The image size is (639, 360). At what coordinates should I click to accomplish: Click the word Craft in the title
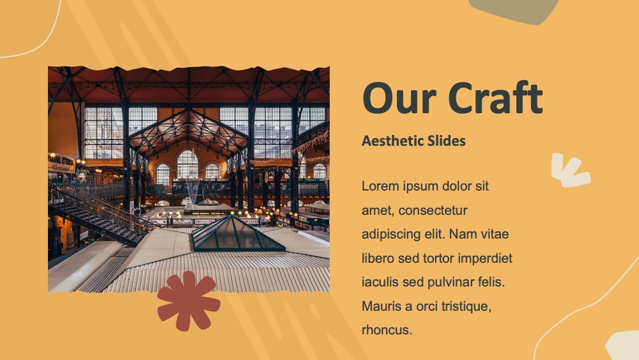pyautogui.click(x=496, y=98)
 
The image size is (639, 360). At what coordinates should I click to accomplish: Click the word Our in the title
pyautogui.click(x=399, y=98)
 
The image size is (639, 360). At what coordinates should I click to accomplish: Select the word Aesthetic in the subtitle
pyautogui.click(x=392, y=141)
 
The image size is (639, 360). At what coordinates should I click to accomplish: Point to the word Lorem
pyautogui.click(x=380, y=186)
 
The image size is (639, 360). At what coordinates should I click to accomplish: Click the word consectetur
pyautogui.click(x=433, y=210)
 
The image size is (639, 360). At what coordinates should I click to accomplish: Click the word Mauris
pyautogui.click(x=381, y=306)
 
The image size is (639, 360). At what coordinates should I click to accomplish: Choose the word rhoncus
pyautogui.click(x=387, y=330)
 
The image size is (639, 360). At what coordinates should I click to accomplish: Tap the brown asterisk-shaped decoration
pyautogui.click(x=189, y=301)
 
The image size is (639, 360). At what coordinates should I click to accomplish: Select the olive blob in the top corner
pyautogui.click(x=514, y=10)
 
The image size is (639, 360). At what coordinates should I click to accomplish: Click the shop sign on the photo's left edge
pyautogui.click(x=61, y=162)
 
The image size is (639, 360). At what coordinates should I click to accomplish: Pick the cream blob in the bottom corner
pyautogui.click(x=624, y=347)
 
